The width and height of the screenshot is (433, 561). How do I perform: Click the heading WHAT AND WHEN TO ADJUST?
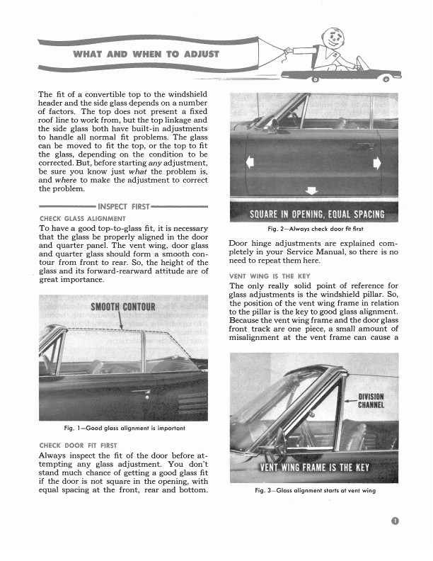147,54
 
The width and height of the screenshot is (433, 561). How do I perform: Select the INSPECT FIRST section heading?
123,207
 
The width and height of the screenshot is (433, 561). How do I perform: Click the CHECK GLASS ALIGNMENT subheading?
83,218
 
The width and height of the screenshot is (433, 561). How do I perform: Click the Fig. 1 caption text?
125,428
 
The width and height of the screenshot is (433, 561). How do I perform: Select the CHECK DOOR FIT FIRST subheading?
79,446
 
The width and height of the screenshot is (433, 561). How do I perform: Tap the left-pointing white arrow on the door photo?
249,163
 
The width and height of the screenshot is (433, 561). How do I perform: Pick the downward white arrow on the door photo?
312,190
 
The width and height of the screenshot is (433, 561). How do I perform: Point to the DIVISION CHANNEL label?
371,401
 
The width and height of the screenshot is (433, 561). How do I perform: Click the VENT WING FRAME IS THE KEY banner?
316,467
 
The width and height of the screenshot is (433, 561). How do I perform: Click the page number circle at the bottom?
394,523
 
